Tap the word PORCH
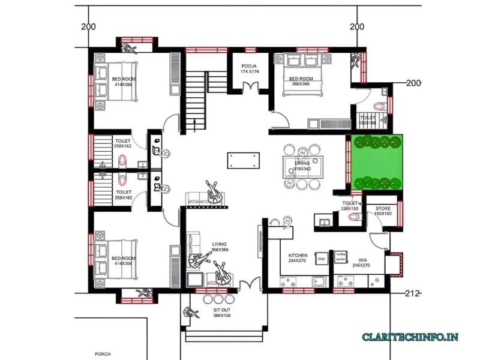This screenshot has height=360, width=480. [x=103, y=354]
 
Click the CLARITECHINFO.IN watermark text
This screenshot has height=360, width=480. [x=410, y=337]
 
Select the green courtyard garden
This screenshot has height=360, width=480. [x=377, y=161]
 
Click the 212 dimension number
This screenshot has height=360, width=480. [x=412, y=293]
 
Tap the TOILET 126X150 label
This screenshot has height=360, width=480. [x=350, y=206]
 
